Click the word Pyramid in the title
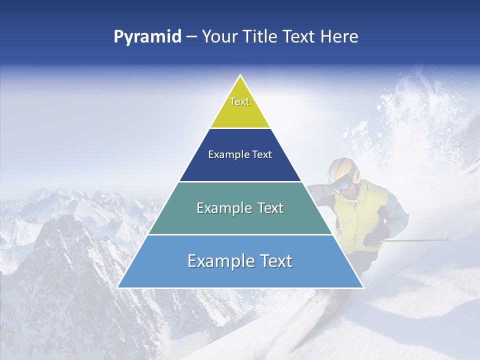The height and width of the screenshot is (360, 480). point(147,37)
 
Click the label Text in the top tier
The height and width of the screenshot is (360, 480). point(239,101)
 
